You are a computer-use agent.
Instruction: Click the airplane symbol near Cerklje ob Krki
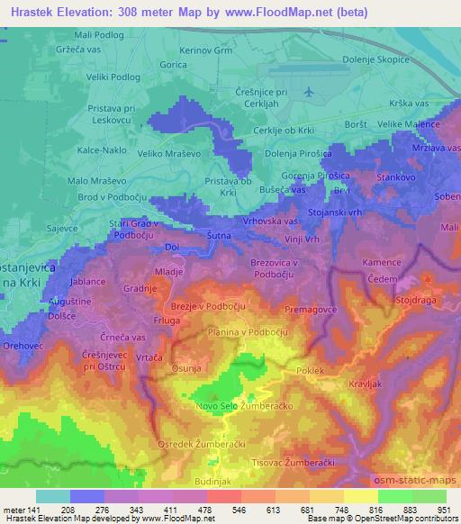point(310,93)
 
